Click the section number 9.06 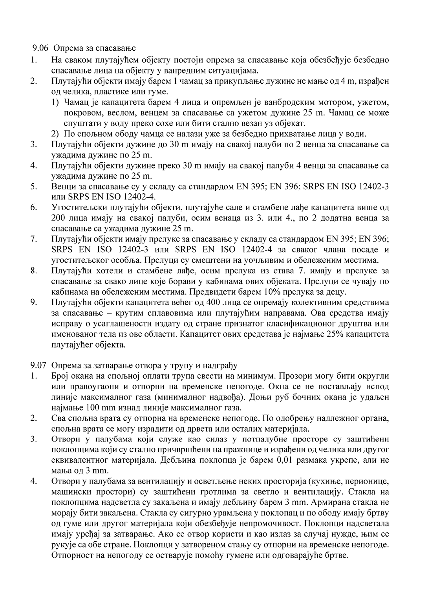pyautogui.click(x=40, y=48)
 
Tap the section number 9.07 pyautogui.click(x=40, y=366)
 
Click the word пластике pyautogui.click(x=100, y=92)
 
